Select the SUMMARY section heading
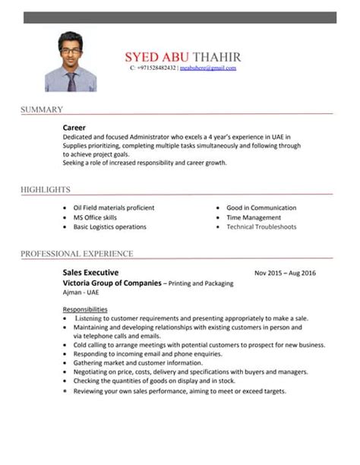42,110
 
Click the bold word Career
74,127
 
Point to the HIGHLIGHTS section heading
46,189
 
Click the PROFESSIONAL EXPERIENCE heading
77,253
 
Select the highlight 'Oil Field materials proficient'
113,207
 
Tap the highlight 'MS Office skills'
95,217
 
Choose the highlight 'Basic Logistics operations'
109,226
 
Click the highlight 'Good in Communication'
261,207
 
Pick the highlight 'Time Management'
254,217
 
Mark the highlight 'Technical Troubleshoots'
261,226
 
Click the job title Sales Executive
90,272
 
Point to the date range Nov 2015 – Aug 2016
285,273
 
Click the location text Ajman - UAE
81,293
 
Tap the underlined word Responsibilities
84,309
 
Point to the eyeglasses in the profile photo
71,49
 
